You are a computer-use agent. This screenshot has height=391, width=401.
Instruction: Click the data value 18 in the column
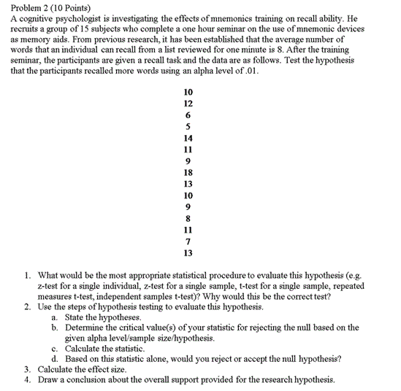pyautogui.click(x=188, y=173)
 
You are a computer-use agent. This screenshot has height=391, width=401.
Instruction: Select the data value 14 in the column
pyautogui.click(x=188, y=138)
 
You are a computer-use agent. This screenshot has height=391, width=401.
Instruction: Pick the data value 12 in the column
pyautogui.click(x=188, y=104)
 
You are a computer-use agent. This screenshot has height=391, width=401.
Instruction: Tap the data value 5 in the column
pyautogui.click(x=188, y=126)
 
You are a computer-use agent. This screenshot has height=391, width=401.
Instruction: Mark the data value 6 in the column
pyautogui.click(x=188, y=115)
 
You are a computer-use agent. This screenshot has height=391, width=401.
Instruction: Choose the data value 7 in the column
pyautogui.click(x=188, y=241)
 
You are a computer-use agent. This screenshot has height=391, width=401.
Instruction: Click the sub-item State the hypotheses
pyautogui.click(x=102, y=317)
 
